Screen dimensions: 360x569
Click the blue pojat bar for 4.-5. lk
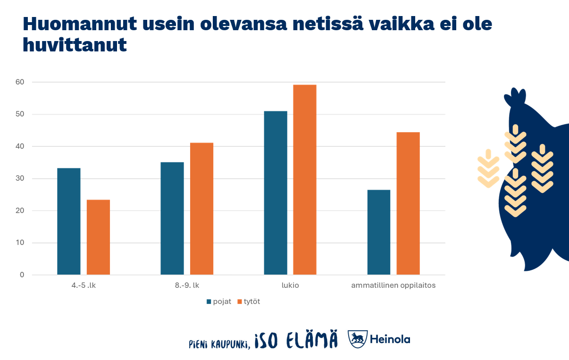[69, 221]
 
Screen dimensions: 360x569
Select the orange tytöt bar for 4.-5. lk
[98, 237]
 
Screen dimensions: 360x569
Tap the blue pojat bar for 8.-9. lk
[172, 218]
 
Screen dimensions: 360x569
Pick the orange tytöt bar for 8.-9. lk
[201, 209]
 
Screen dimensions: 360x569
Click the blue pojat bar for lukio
[276, 193]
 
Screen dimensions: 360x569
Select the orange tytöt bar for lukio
[305, 179]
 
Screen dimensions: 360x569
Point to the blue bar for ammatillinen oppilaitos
[379, 232]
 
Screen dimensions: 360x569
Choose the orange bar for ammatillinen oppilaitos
[408, 203]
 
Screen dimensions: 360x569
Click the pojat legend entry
[219, 301]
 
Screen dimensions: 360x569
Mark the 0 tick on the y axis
[22, 275]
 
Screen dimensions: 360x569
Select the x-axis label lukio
[290, 285]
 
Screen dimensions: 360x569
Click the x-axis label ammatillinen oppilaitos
[393, 285]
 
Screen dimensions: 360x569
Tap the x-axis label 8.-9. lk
[187, 285]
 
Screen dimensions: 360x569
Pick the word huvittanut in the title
[75, 45]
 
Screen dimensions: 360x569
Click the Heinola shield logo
[357, 339]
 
